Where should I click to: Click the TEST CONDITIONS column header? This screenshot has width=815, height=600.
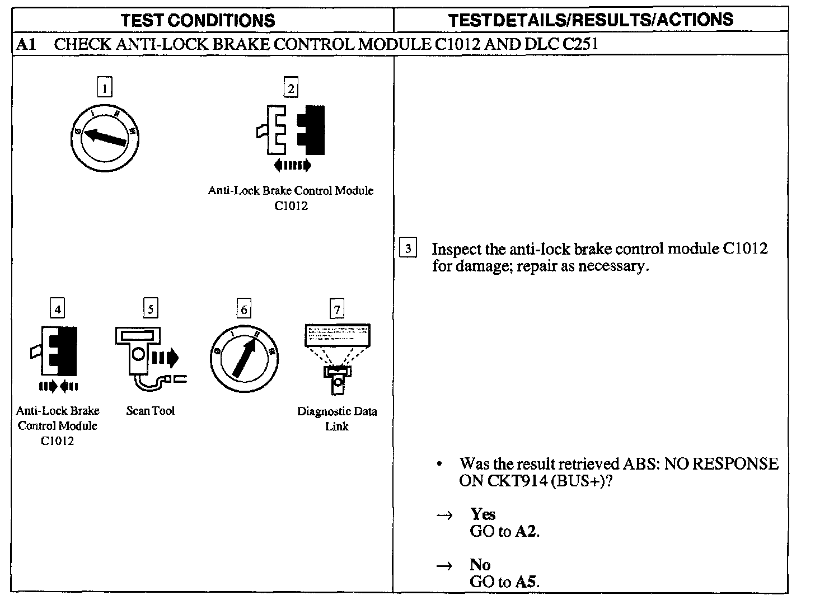tap(198, 21)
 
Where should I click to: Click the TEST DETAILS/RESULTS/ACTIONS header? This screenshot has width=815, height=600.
tap(591, 20)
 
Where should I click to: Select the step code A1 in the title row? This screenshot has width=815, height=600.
tap(27, 44)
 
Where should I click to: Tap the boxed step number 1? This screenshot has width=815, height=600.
tap(105, 87)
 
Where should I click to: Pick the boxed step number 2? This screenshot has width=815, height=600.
tap(290, 87)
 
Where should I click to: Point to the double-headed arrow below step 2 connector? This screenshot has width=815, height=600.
tap(292, 165)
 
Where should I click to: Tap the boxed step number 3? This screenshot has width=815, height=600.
tap(408, 248)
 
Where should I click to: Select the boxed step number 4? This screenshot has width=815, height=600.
tap(58, 308)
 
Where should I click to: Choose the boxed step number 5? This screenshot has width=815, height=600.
tap(150, 308)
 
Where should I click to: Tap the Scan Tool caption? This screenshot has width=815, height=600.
tap(150, 411)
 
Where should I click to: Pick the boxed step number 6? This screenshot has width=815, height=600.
tap(243, 308)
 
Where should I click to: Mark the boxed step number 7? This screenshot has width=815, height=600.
tap(336, 308)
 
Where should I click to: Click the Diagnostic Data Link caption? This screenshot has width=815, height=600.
tap(336, 419)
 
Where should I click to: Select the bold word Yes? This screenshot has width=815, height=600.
tap(483, 514)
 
